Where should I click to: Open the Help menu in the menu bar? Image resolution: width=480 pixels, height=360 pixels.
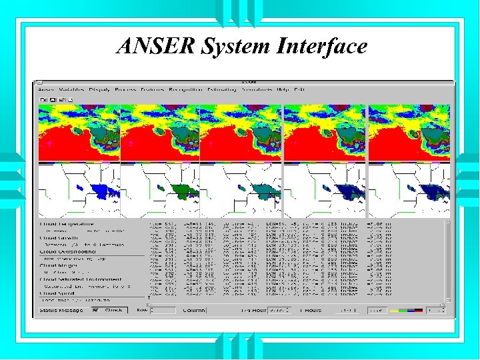283,89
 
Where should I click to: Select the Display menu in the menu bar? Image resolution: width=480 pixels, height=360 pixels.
99,89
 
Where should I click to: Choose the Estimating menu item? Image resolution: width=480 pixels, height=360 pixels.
221,89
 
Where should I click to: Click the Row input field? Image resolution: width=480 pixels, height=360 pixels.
163,310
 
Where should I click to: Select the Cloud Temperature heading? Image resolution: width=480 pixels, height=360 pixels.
67,224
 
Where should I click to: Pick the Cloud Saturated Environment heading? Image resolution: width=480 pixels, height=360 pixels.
80,279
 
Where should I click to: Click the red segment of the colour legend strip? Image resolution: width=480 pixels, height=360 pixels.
418,310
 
